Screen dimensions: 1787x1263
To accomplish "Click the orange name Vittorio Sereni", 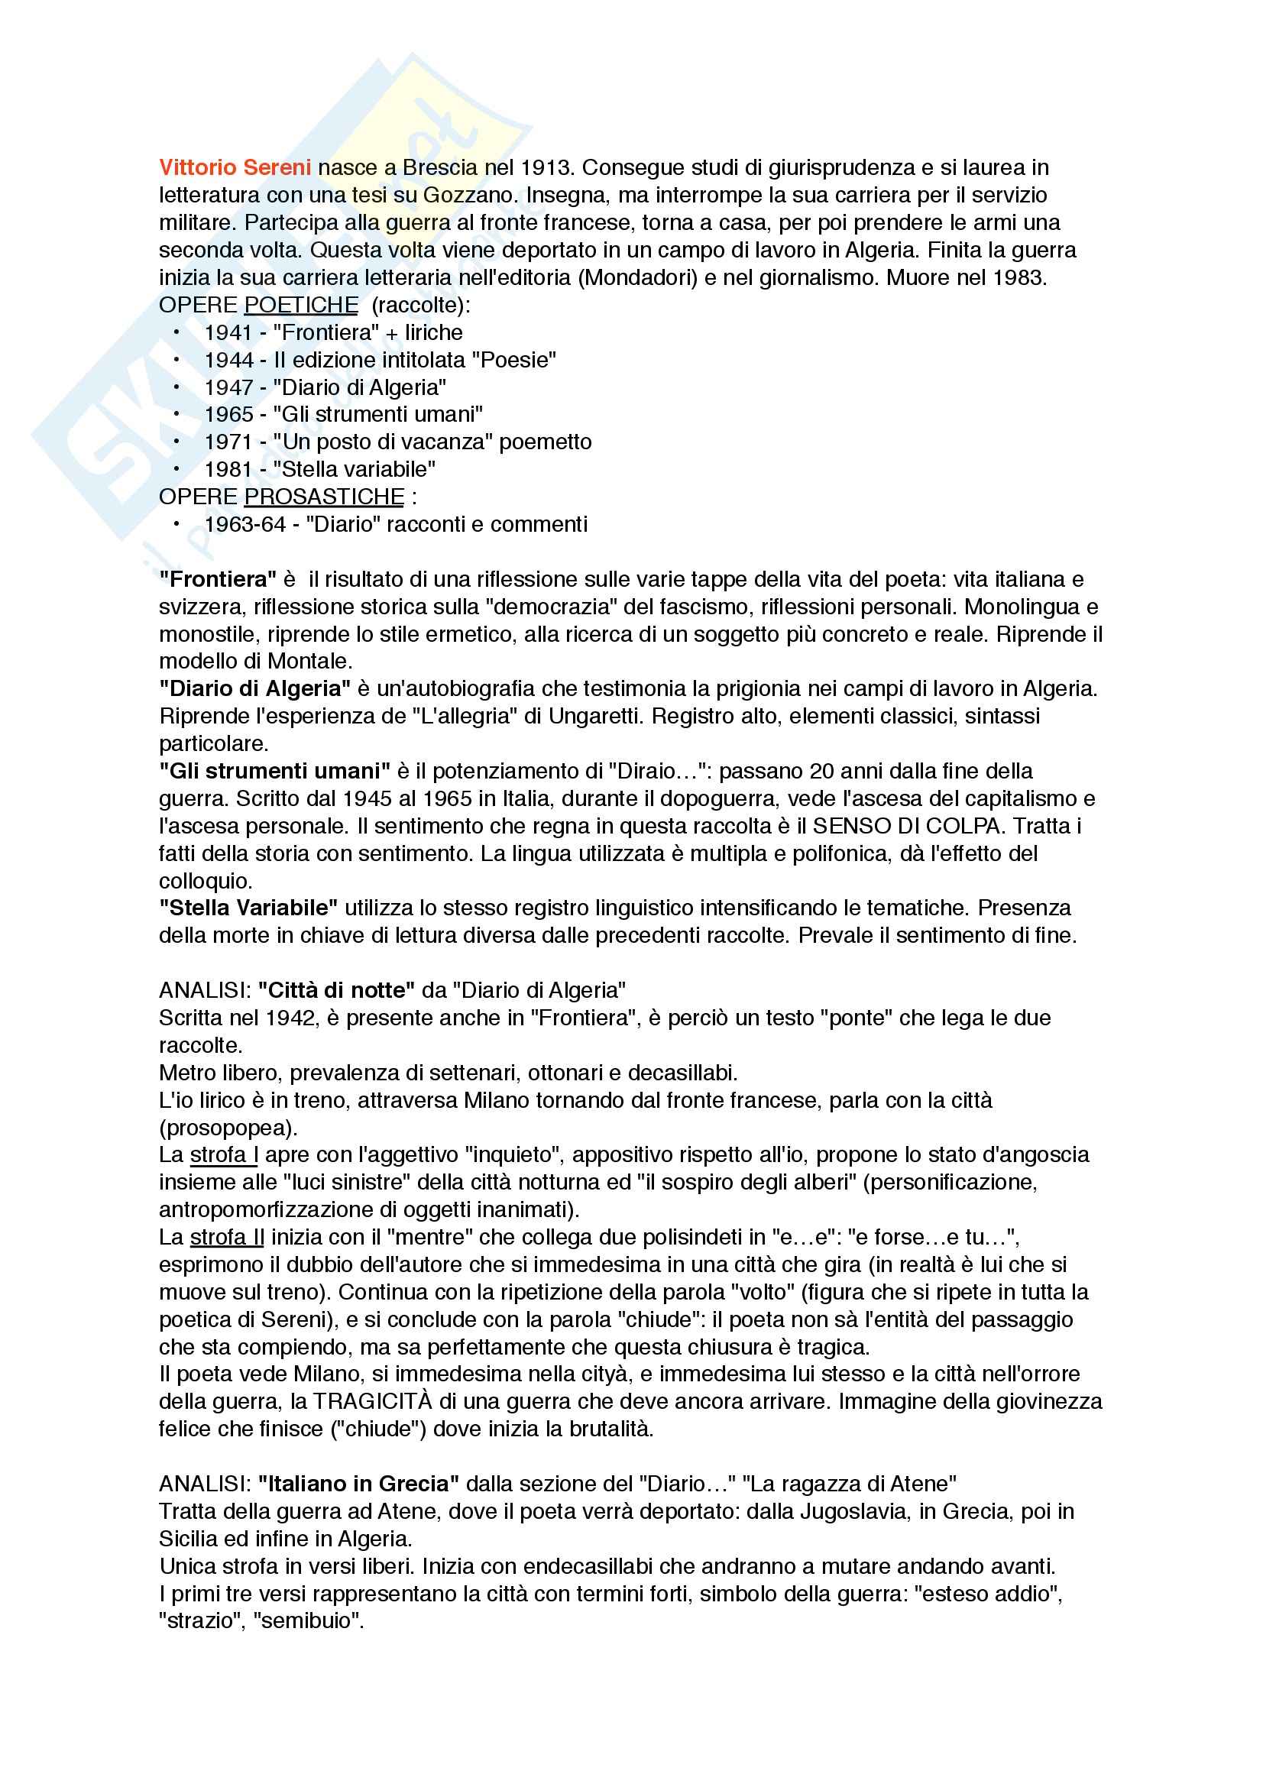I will click(x=235, y=167).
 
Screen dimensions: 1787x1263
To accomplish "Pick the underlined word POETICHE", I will click(x=301, y=305).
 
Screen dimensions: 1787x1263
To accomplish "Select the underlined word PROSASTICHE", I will click(x=324, y=497).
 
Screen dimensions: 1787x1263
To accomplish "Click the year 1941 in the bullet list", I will click(x=228, y=332).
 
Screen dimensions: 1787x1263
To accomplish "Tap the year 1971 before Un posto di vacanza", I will click(x=228, y=442).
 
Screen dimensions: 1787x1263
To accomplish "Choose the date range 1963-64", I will click(x=245, y=525).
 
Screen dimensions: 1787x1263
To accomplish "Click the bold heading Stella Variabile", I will click(x=248, y=908).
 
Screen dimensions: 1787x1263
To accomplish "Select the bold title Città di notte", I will click(x=336, y=990).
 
